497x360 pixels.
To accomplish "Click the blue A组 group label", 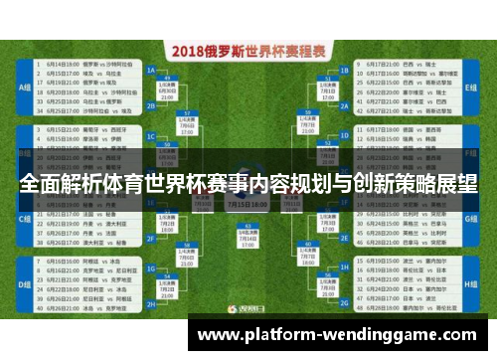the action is coord(24,88).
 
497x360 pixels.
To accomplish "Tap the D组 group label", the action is coord(24,281).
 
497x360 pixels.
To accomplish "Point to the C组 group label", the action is coord(24,217).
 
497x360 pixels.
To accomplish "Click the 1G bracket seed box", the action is coord(344,240).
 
